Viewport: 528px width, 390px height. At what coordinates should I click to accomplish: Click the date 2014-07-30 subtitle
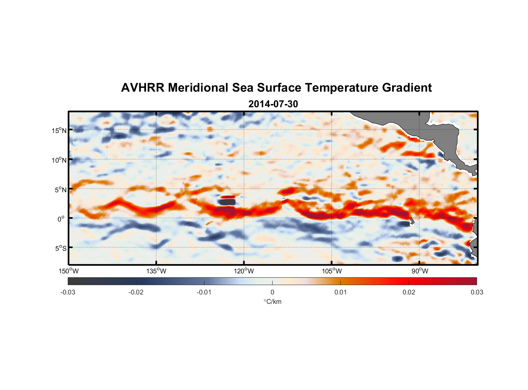pyautogui.click(x=273, y=104)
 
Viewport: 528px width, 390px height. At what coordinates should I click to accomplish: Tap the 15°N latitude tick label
pyautogui.click(x=59, y=130)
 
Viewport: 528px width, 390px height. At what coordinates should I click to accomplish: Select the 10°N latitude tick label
pyautogui.click(x=59, y=160)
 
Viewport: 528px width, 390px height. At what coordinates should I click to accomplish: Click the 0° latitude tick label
pyautogui.click(x=61, y=219)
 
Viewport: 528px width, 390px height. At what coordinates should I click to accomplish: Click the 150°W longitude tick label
pyautogui.click(x=69, y=271)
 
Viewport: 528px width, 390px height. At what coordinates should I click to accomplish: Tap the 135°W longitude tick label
pyautogui.click(x=156, y=271)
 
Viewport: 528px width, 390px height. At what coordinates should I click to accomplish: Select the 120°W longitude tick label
pyautogui.click(x=244, y=271)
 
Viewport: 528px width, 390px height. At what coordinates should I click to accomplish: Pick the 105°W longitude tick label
pyautogui.click(x=332, y=271)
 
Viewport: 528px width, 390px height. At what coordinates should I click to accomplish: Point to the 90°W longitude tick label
pyautogui.click(x=420, y=271)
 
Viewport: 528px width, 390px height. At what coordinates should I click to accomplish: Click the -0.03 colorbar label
pyautogui.click(x=68, y=292)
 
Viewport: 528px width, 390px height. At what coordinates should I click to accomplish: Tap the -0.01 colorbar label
pyautogui.click(x=204, y=292)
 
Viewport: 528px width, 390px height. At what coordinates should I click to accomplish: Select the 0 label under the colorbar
pyautogui.click(x=272, y=292)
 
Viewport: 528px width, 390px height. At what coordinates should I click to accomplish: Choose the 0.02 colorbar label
pyautogui.click(x=409, y=292)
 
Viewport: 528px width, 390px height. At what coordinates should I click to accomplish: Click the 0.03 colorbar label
pyautogui.click(x=477, y=292)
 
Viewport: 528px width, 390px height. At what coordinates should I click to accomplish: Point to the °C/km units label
pyautogui.click(x=272, y=301)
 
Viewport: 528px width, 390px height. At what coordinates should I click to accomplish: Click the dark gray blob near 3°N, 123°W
pyautogui.click(x=227, y=202)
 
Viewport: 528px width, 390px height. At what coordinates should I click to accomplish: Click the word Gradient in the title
pyautogui.click(x=407, y=88)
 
